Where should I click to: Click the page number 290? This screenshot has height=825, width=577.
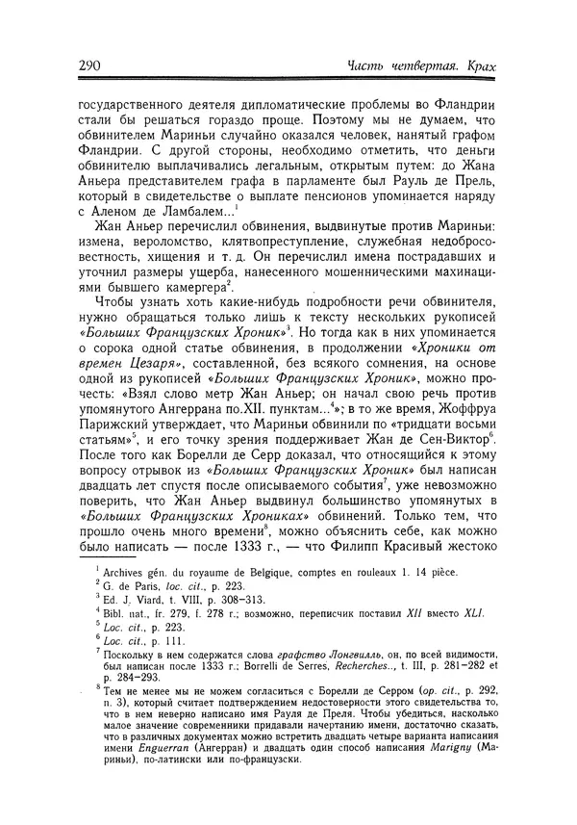(x=81, y=64)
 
